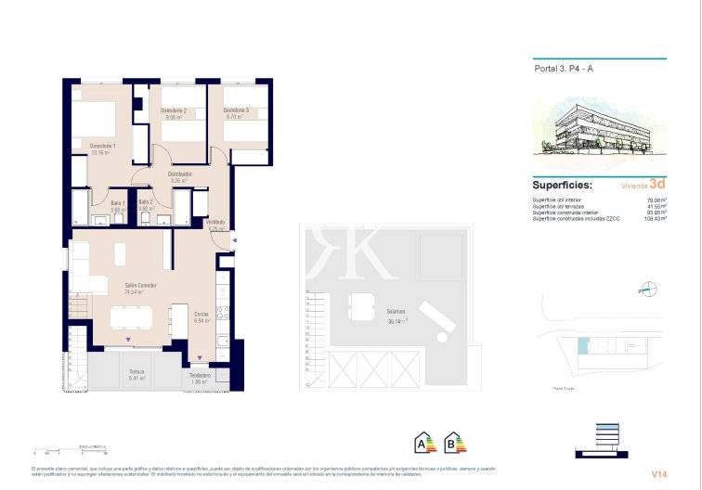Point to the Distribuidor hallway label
(179, 174)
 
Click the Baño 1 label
(118, 202)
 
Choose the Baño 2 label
(145, 202)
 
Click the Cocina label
(201, 315)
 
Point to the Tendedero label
(199, 375)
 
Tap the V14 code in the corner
(658, 474)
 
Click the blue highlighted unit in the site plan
(582, 347)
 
